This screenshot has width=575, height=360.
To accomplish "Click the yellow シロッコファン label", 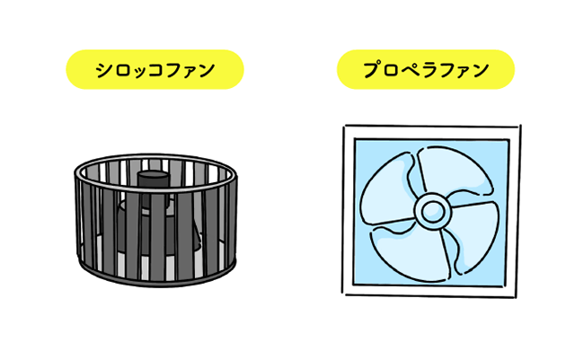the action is pos(155,69).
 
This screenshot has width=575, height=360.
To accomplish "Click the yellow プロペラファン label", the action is pos(426,69).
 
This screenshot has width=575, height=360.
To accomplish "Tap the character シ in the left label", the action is pos(103,70).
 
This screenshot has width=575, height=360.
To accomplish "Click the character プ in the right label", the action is pos(371,70).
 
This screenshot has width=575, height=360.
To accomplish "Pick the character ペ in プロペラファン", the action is pos(407,70).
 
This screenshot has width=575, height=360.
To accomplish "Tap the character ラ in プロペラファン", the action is pos(427,70).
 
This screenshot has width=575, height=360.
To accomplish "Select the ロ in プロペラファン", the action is pos(389,70).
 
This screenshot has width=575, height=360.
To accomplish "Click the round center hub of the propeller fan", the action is pos(432,212).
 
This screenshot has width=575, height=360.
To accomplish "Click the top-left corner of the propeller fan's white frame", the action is pos(344,127).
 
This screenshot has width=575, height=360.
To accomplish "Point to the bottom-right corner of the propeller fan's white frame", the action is pos(517,296).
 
